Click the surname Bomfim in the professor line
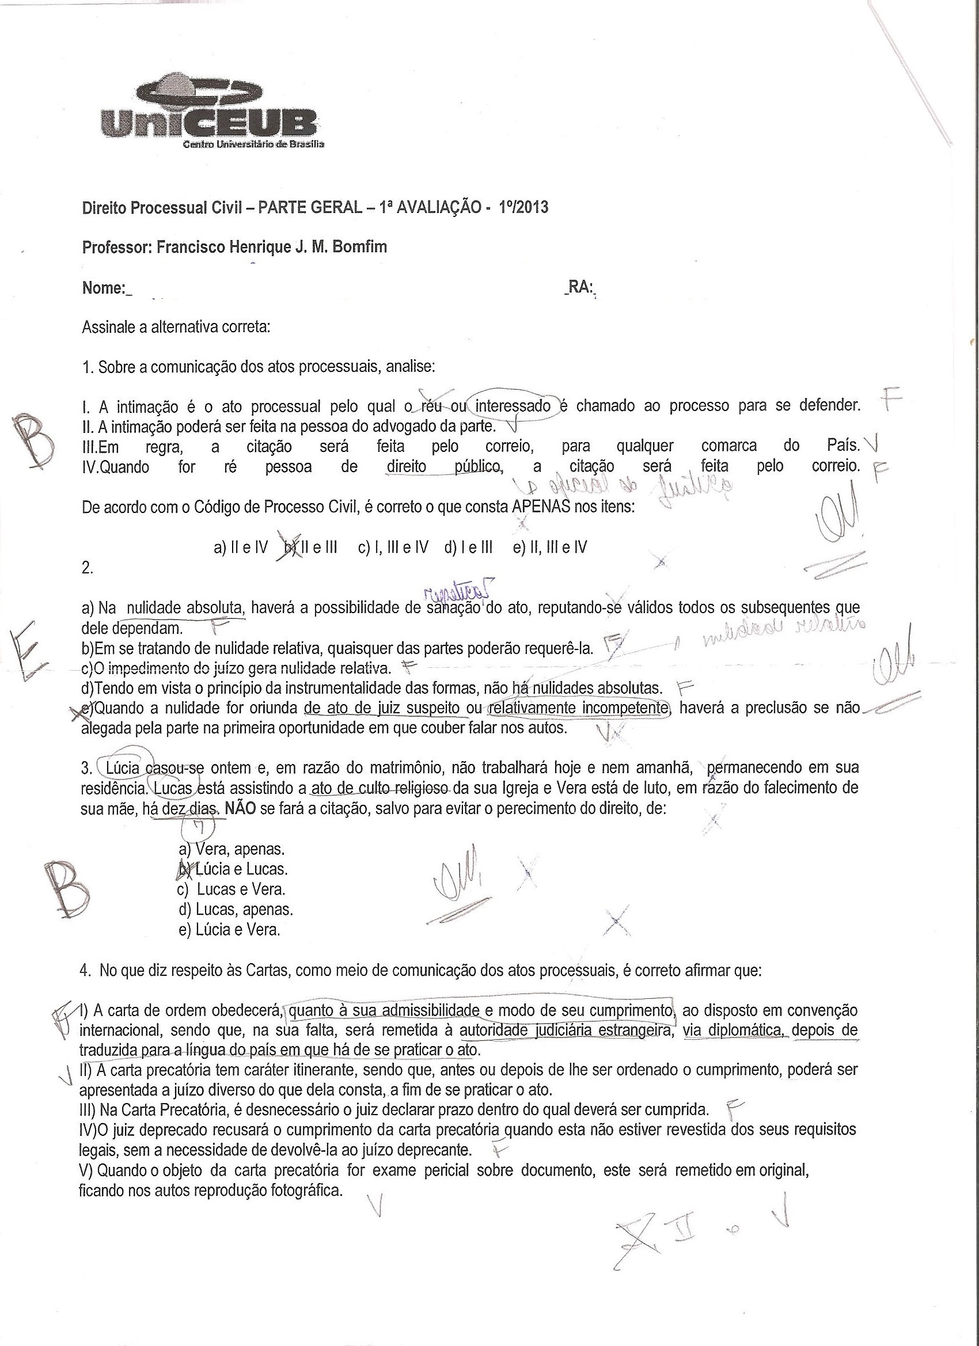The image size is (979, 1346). tap(361, 247)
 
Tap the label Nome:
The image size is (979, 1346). tap(104, 288)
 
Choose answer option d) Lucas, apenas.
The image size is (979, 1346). tap(236, 909)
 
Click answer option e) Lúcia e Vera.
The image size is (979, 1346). tap(229, 929)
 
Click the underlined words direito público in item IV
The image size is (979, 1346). tap(443, 466)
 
